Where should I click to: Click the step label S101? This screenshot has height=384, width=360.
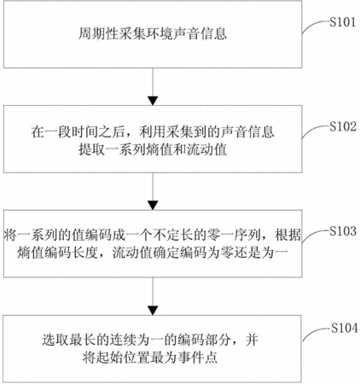(343, 22)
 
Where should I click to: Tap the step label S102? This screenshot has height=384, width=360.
(343, 126)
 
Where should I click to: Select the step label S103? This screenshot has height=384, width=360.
(343, 231)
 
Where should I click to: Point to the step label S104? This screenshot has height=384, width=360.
(345, 329)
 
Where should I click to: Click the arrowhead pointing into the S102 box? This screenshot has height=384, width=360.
(153, 101)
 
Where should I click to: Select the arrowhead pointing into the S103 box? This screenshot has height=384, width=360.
(153, 206)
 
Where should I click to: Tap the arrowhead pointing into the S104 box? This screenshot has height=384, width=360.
(153, 311)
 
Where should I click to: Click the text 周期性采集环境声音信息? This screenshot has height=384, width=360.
(153, 34)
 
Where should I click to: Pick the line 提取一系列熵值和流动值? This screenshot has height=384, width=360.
(153, 149)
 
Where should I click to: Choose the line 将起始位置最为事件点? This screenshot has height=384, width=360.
(150, 358)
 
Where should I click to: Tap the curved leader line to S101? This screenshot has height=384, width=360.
(313, 25)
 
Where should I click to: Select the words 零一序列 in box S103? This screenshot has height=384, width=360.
(234, 236)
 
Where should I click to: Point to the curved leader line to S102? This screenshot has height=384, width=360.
(313, 130)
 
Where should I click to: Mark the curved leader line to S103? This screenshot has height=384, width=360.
(313, 235)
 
